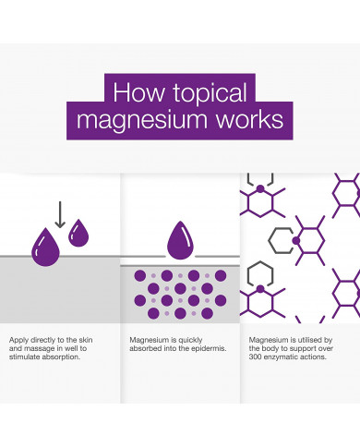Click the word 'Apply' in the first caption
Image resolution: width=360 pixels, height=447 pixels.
pyautogui.click(x=19, y=340)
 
